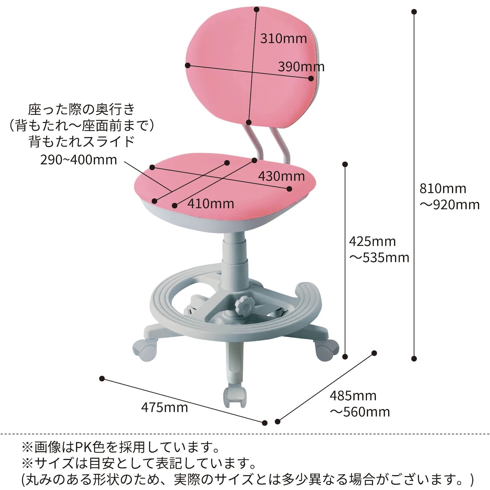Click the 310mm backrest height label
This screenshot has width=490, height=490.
[283, 38]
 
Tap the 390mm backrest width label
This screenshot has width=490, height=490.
[301, 67]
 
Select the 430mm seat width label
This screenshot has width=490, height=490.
[281, 176]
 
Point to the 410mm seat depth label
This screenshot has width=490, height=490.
[211, 204]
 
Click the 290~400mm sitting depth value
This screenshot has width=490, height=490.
[78, 160]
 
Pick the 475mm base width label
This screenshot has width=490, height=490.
[165, 407]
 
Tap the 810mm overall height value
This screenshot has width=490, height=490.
[443, 188]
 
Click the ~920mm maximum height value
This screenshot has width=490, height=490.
[450, 205]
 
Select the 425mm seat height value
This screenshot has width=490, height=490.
[372, 241]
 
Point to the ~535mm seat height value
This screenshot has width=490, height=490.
[379, 258]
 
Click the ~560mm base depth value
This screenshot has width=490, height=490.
[360, 412]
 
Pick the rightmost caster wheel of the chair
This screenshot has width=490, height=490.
[327, 349]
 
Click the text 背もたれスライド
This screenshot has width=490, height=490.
[82, 142]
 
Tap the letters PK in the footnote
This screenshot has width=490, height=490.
[83, 447]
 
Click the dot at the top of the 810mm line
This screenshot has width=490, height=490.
[414, 12]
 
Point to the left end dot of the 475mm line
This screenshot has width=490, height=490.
[102, 379]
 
